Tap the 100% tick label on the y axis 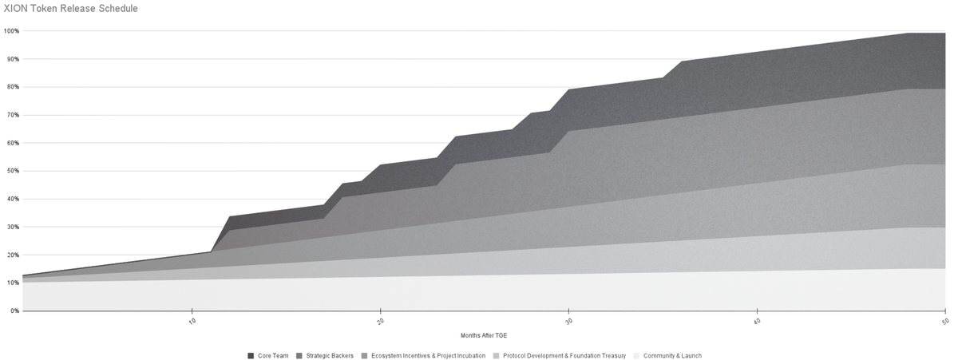click(x=11, y=31)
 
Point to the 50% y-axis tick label click(x=12, y=171)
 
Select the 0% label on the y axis click(x=14, y=311)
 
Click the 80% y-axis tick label click(x=12, y=87)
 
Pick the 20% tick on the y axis click(x=12, y=255)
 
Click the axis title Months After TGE click(x=484, y=335)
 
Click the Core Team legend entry click(x=272, y=355)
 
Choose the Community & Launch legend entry click(x=672, y=355)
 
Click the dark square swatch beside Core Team click(x=251, y=355)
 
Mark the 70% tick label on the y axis click(x=12, y=115)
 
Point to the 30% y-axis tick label click(x=12, y=227)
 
